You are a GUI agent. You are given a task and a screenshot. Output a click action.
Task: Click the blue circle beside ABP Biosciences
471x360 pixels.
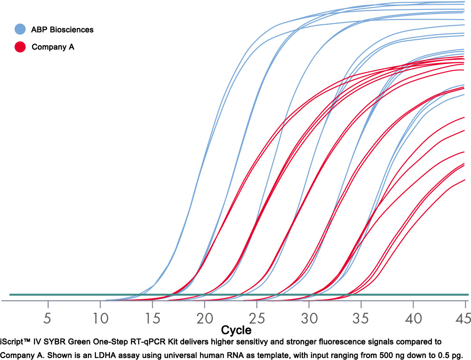click(x=20, y=29)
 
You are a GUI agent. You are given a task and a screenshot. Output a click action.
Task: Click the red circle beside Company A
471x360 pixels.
click(x=20, y=47)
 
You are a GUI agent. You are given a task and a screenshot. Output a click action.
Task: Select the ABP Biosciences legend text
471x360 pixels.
click(x=63, y=29)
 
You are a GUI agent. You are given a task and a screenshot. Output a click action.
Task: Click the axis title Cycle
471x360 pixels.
click(x=236, y=331)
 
